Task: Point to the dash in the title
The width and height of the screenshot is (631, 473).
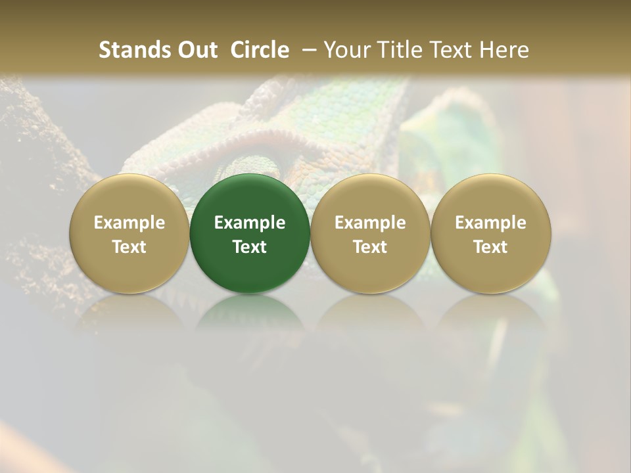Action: (x=307, y=50)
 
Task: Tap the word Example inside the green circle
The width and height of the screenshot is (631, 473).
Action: (x=250, y=223)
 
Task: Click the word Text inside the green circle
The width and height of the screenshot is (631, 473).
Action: (x=250, y=247)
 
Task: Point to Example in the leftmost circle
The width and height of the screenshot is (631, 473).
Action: (x=129, y=223)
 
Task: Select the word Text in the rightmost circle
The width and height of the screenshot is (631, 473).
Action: (x=491, y=247)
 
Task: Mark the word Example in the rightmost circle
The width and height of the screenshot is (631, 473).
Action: (x=491, y=223)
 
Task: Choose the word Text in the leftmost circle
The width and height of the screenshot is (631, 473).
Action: (x=129, y=247)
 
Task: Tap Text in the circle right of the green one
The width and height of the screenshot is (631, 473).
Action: (x=370, y=247)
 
